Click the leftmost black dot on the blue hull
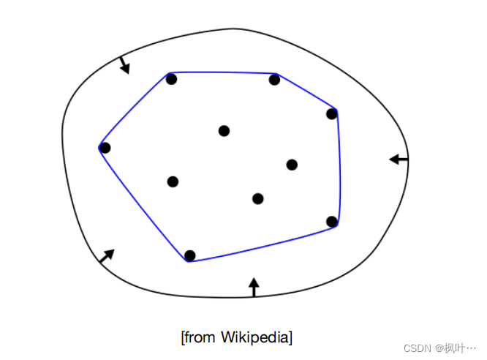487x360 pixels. pos(105,148)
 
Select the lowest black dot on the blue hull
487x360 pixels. pos(190,255)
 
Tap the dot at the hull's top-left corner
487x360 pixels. pos(171,79)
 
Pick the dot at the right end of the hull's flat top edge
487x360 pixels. pos(275,80)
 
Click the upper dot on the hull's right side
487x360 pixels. pos(331,113)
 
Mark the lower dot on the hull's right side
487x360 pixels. pos(331,221)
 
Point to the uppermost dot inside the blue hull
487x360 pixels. pos(224,131)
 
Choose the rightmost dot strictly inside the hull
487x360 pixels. pos(292,165)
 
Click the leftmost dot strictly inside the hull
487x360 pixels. pos(173,181)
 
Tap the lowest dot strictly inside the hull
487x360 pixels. pos(257,198)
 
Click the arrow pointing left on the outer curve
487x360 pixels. pos(399,159)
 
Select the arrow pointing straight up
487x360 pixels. pos(254,287)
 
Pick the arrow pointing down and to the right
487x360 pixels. pos(124,65)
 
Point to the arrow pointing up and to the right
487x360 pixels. pos(107,256)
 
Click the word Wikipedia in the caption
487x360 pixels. pos(257,337)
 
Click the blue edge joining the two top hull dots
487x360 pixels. pos(223,72)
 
